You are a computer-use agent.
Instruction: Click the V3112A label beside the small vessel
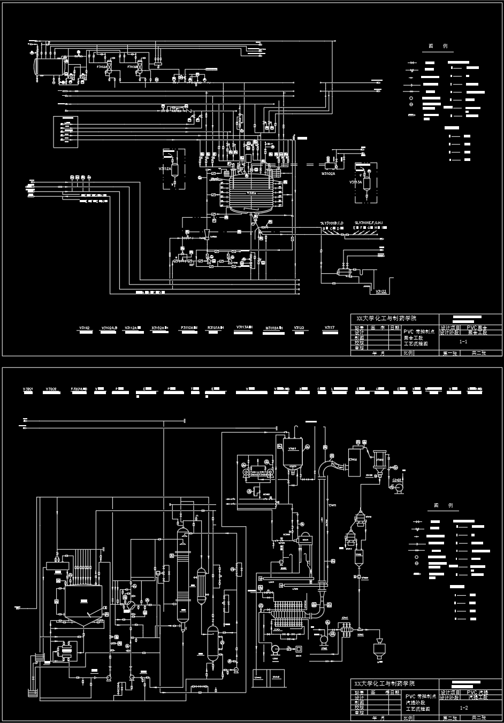[x=164, y=168]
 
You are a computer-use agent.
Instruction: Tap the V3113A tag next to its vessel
[x=356, y=182]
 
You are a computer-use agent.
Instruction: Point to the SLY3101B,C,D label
[x=333, y=222]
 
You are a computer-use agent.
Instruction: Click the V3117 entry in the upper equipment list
[x=330, y=327]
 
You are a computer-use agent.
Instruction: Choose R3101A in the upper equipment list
[x=215, y=327]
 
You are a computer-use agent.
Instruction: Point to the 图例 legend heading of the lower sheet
[x=443, y=505]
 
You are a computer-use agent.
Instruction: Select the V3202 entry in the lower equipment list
[x=51, y=389]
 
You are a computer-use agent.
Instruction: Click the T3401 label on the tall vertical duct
[x=332, y=505]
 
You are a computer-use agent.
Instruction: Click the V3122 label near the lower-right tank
[x=381, y=292]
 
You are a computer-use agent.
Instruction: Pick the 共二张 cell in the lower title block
[x=478, y=717]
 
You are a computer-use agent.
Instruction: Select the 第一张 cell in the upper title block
[x=449, y=353]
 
